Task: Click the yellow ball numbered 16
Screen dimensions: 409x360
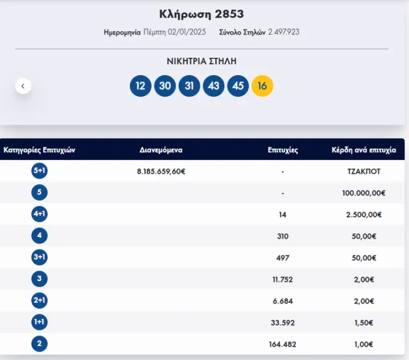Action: click(262, 86)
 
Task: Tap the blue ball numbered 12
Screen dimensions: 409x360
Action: click(141, 86)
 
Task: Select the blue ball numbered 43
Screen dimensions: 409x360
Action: click(214, 86)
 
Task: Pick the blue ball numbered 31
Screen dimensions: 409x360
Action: click(189, 86)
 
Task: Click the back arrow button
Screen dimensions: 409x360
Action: click(23, 86)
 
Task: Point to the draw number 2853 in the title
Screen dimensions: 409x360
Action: click(229, 14)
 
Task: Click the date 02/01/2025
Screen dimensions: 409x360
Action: click(187, 32)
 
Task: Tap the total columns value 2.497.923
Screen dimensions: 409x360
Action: click(284, 32)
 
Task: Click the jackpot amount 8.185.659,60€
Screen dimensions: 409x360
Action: click(161, 171)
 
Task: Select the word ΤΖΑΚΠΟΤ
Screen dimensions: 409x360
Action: click(364, 171)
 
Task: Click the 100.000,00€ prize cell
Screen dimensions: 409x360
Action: click(364, 193)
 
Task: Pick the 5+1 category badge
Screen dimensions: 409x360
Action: click(39, 171)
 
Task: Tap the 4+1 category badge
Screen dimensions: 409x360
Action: click(39, 214)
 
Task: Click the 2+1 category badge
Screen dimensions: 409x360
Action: click(39, 301)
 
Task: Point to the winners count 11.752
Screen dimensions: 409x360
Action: click(283, 279)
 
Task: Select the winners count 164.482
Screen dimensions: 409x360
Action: click(283, 344)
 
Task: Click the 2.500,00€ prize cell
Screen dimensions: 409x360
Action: click(364, 215)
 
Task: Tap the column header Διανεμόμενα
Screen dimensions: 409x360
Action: click(161, 150)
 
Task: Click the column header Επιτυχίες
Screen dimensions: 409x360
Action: click(283, 150)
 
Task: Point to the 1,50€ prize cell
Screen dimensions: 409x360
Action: click(364, 323)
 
